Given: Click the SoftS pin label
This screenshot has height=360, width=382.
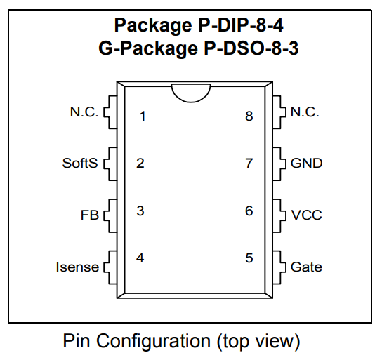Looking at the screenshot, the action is (80, 163).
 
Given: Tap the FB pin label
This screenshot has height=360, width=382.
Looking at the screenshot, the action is (90, 215).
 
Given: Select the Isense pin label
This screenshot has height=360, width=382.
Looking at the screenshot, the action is (77, 267).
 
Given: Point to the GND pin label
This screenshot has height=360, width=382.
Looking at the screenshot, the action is (306, 163).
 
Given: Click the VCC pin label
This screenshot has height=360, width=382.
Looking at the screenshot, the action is (306, 215).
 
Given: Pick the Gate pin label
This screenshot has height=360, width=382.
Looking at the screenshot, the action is (306, 267).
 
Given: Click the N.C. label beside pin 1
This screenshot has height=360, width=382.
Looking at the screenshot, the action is (84, 112).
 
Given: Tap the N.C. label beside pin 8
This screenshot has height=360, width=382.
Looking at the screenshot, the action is (305, 112).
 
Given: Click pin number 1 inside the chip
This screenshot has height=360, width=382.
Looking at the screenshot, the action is (143, 116).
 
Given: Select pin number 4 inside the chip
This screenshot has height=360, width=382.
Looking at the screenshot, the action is (140, 258).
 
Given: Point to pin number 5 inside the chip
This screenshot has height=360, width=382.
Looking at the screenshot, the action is (249, 258).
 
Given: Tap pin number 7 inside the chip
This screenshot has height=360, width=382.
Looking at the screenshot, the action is (249, 163).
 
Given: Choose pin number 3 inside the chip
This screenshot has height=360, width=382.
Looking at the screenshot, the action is (140, 211).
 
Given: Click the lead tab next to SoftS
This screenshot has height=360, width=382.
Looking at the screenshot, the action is (110, 164).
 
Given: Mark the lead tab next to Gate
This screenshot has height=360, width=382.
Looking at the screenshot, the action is (279, 267).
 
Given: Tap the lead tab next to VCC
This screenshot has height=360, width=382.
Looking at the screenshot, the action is (279, 215).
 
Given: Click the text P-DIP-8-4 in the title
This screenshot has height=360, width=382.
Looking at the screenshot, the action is (241, 25).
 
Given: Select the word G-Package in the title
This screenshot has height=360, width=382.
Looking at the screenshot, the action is (148, 48).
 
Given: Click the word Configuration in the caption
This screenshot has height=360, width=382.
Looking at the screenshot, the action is (154, 341).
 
